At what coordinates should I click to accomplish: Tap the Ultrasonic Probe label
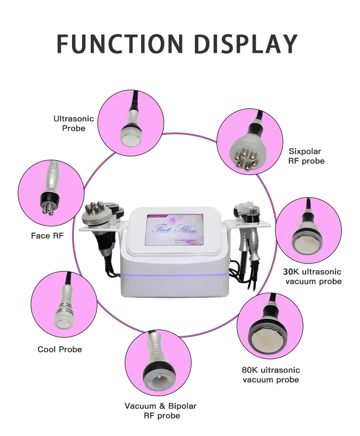(x=73, y=123)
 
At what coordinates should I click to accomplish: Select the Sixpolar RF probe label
(x=306, y=156)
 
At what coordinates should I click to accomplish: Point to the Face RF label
(x=47, y=236)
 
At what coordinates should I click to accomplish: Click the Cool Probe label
(x=60, y=349)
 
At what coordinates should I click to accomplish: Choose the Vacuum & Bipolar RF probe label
(x=160, y=411)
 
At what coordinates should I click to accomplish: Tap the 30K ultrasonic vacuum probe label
(x=312, y=276)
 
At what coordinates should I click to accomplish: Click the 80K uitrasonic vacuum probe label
(x=271, y=375)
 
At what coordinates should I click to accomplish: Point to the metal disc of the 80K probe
(x=265, y=337)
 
